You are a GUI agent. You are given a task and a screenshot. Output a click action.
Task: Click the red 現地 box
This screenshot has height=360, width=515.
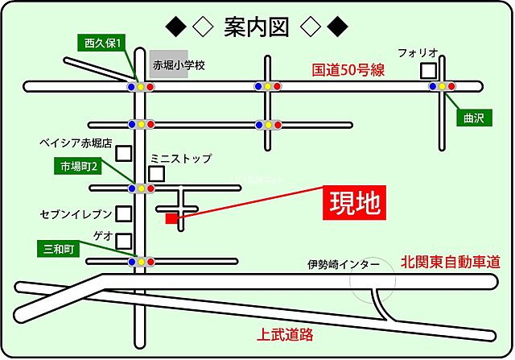pyautogui.click(x=354, y=205)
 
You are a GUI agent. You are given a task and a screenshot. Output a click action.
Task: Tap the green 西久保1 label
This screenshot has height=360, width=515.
pyautogui.click(x=102, y=43)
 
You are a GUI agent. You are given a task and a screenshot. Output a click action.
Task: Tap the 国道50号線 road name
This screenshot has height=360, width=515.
pyautogui.click(x=348, y=70)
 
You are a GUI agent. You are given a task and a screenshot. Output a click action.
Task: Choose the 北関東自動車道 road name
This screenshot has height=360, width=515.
pyautogui.click(x=451, y=263)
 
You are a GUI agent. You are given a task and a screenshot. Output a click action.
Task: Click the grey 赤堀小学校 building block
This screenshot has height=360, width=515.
pyautogui.click(x=169, y=65)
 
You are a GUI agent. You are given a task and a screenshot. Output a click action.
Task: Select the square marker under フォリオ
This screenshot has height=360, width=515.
pyautogui.click(x=428, y=71)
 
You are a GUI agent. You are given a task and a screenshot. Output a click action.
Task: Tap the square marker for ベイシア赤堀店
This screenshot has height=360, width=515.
pyautogui.click(x=124, y=152)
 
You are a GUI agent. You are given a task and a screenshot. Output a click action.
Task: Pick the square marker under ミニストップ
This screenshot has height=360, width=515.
pyautogui.click(x=157, y=173)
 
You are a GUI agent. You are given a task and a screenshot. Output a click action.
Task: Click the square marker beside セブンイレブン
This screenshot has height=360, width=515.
pyautogui.click(x=124, y=213)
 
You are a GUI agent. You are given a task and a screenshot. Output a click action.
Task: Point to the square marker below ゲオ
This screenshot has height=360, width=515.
pyautogui.click(x=124, y=241)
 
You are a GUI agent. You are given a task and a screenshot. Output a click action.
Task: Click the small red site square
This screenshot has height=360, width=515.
pyautogui.click(x=171, y=217)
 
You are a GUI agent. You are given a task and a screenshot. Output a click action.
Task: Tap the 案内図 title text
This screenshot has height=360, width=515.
pyautogui.click(x=257, y=27)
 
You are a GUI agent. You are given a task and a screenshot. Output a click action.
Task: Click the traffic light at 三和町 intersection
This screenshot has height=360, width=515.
pyautogui.click(x=142, y=262)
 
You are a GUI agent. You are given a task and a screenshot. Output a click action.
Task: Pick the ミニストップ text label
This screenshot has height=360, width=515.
pyautogui.click(x=181, y=159)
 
